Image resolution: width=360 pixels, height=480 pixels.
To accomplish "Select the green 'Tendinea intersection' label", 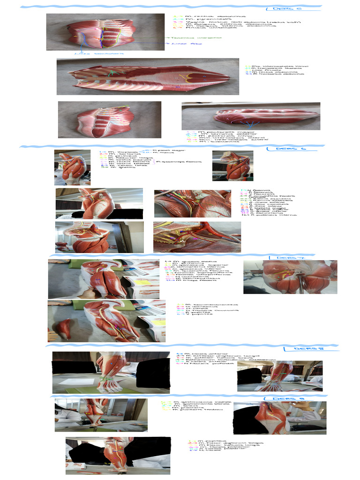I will [190, 37].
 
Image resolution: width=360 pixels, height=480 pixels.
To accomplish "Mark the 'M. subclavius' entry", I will [207, 142].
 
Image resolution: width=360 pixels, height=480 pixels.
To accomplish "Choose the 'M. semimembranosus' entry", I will [202, 304].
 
